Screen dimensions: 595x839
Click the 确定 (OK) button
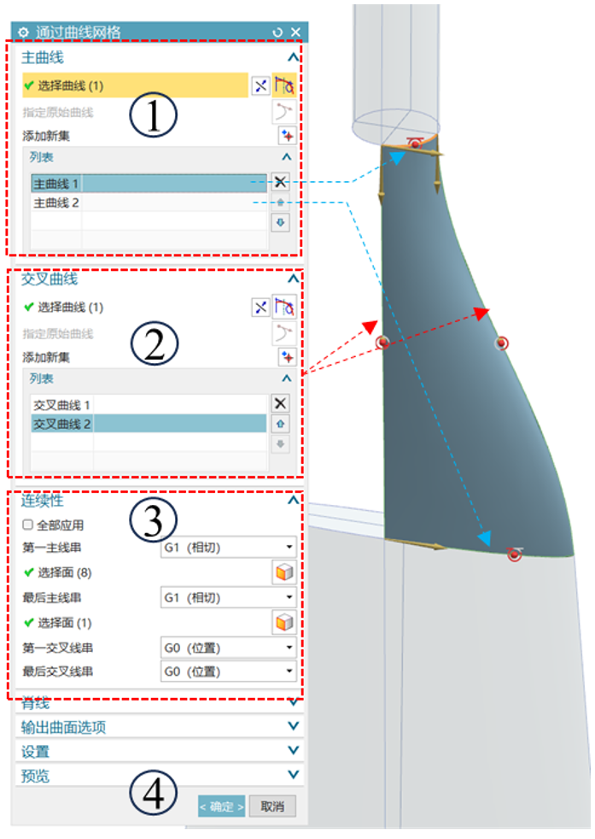click(x=222, y=806)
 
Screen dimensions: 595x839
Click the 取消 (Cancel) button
click(x=272, y=806)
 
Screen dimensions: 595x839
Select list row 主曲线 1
click(x=56, y=183)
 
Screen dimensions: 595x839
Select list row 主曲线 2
click(x=56, y=202)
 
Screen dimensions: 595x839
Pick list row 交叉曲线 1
click(x=61, y=404)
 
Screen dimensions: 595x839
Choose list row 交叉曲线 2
click(x=61, y=424)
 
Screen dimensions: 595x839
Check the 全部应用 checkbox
click(x=28, y=525)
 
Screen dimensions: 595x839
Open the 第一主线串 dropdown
click(x=228, y=547)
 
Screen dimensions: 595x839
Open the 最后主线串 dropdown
click(x=228, y=597)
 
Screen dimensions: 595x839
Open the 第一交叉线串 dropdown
click(x=228, y=648)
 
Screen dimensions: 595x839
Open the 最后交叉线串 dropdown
click(x=228, y=672)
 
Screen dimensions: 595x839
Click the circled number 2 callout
click(x=154, y=343)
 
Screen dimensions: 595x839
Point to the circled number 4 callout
click(x=154, y=794)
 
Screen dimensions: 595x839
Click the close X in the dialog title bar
click(x=295, y=32)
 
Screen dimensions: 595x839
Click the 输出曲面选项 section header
click(x=64, y=727)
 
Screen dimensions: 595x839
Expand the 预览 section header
click(x=35, y=775)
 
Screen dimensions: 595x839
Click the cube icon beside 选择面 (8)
click(x=283, y=572)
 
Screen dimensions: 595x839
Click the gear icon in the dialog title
click(x=24, y=32)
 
